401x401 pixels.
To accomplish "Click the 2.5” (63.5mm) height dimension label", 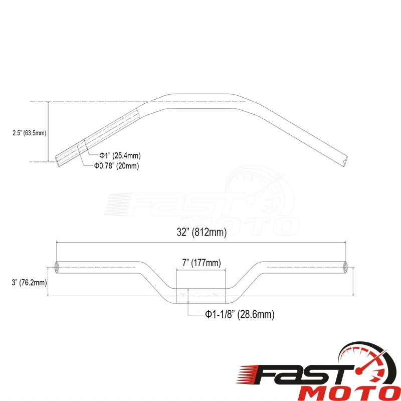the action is click(x=30, y=133).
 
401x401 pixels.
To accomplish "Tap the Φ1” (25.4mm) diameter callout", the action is click(x=120, y=155).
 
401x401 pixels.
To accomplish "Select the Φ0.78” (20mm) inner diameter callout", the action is click(x=117, y=166).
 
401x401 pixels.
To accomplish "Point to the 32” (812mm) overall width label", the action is click(x=202, y=232).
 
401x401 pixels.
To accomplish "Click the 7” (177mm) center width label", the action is click(x=202, y=263).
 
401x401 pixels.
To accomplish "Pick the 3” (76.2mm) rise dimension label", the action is click(x=29, y=283).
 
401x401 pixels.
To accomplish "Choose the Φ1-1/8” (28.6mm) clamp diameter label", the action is click(x=240, y=314).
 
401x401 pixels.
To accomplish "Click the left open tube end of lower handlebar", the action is click(x=57, y=267).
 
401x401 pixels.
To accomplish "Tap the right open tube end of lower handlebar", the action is click(x=345, y=267).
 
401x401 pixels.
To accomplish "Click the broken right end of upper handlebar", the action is click(x=345, y=161).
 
